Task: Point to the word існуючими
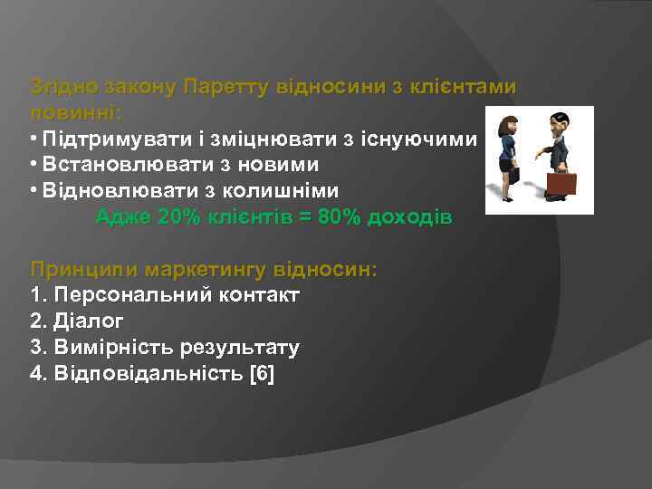pyautogui.click(x=426, y=139)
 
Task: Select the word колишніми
pyautogui.click(x=287, y=191)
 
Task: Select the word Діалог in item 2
pyautogui.click(x=89, y=321)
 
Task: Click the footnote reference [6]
pyautogui.click(x=261, y=372)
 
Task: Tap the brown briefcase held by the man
pyautogui.click(x=561, y=183)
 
